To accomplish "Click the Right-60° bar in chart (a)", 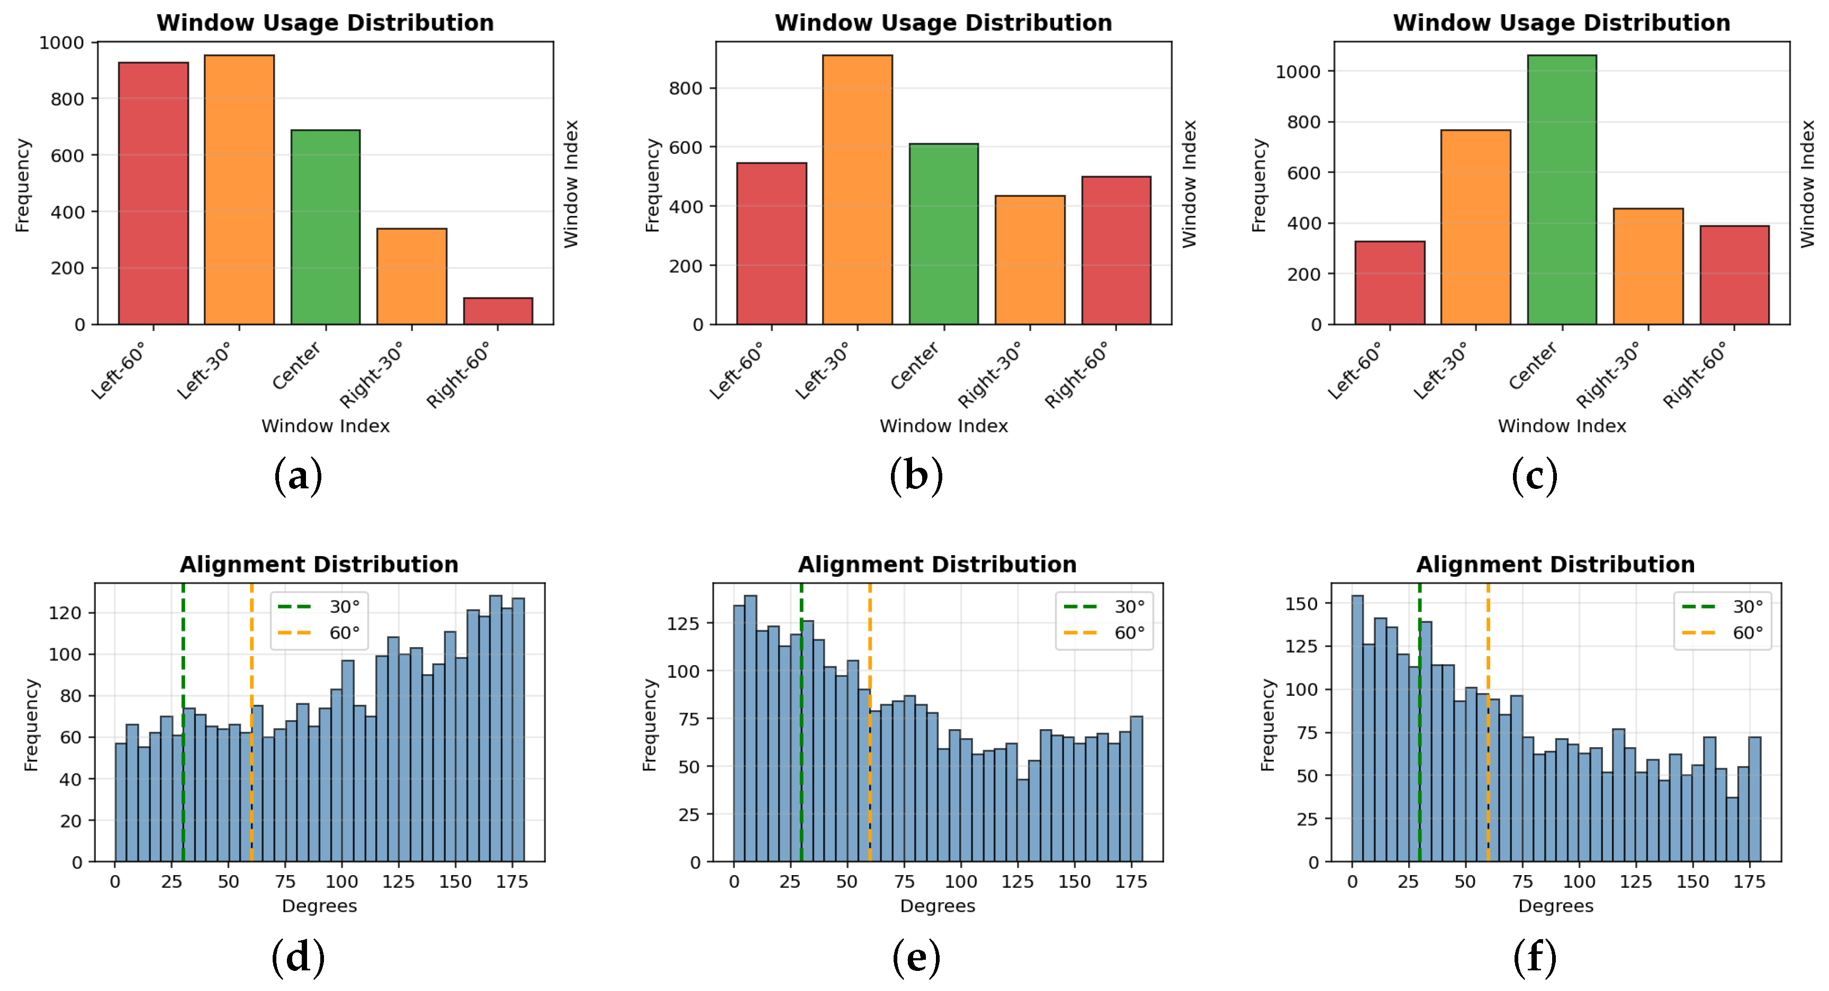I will [x=498, y=311].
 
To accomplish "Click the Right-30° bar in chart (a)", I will [x=412, y=276].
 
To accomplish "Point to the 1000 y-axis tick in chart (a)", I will [x=62, y=43].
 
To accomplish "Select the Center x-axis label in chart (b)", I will [x=915, y=366].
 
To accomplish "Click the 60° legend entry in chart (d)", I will [x=320, y=632].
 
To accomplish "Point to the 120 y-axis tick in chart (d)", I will [x=65, y=613].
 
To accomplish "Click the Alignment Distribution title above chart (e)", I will [x=936, y=565].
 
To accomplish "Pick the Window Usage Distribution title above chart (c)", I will [x=1561, y=23].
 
